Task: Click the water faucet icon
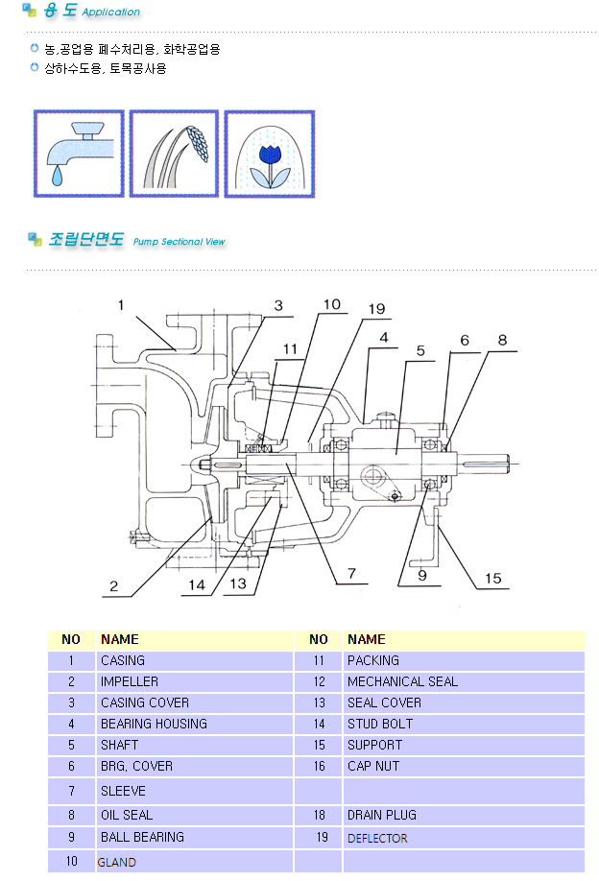pos(79,154)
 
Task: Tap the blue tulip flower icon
pos(270,154)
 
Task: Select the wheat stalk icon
pos(174,154)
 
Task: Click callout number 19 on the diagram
pos(376,309)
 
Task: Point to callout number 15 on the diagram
pos(492,578)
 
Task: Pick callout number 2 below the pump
pos(114,586)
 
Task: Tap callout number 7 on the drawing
pos(351,573)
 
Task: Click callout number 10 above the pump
pos(331,304)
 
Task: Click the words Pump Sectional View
pos(179,242)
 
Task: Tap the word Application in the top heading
pos(110,12)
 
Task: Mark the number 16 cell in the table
pos(319,766)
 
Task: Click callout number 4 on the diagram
pos(384,338)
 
